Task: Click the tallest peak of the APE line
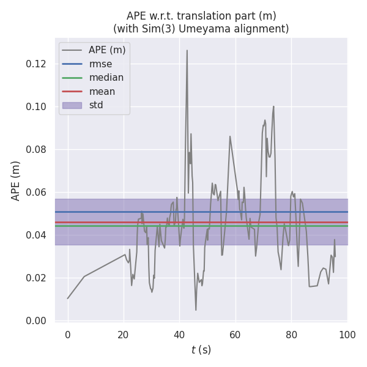point(187,50)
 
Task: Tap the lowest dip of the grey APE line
point(196,310)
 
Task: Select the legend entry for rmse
point(100,64)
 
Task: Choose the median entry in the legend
point(106,78)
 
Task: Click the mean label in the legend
point(102,92)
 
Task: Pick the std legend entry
point(96,105)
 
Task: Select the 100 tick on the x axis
point(347,335)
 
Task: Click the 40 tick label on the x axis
point(179,335)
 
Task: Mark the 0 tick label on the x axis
point(68,335)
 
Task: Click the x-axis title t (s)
point(201,350)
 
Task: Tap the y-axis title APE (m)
point(17,180)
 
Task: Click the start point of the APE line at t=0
point(68,298)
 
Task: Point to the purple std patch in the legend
point(72,105)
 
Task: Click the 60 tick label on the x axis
point(235,335)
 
